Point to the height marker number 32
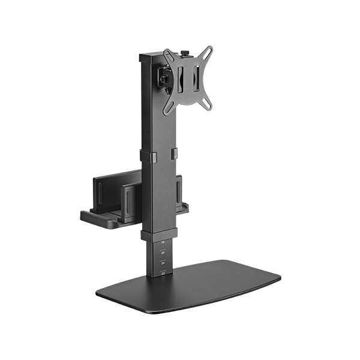click(163, 272)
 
